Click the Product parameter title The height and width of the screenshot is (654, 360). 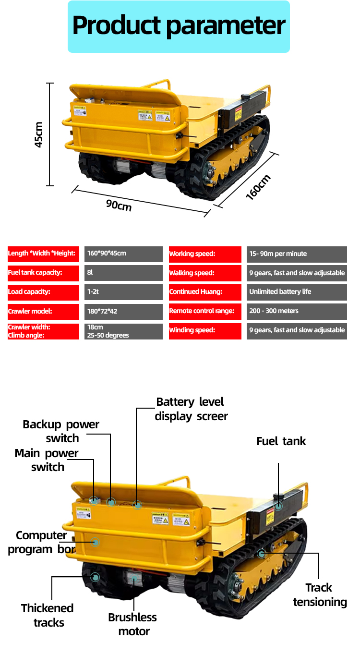click(x=179, y=26)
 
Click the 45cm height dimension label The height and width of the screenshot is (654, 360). click(x=39, y=134)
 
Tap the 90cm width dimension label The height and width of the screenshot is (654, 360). click(x=119, y=205)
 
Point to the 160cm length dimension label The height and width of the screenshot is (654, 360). click(x=258, y=187)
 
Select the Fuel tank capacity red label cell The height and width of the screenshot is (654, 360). click(x=43, y=273)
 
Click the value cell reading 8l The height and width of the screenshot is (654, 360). click(x=123, y=273)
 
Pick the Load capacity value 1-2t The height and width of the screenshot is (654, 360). click(x=123, y=292)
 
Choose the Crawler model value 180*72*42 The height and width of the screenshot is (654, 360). click(x=123, y=311)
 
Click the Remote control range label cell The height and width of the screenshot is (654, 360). click(x=205, y=311)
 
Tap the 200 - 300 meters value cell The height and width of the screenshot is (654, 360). click(x=296, y=311)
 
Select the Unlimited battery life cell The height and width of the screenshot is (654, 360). click(x=296, y=292)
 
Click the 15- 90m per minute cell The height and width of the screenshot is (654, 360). click(x=296, y=254)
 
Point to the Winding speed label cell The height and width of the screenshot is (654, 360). click(x=205, y=330)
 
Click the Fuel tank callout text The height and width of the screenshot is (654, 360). click(x=281, y=441)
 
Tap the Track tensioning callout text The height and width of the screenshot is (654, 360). click(x=320, y=595)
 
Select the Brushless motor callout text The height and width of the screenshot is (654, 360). click(x=132, y=624)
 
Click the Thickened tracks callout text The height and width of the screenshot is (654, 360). click(x=48, y=616)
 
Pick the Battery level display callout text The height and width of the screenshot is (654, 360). click(x=191, y=409)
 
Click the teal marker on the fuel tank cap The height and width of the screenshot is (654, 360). click(x=278, y=506)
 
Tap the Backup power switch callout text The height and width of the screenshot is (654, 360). click(x=61, y=431)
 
